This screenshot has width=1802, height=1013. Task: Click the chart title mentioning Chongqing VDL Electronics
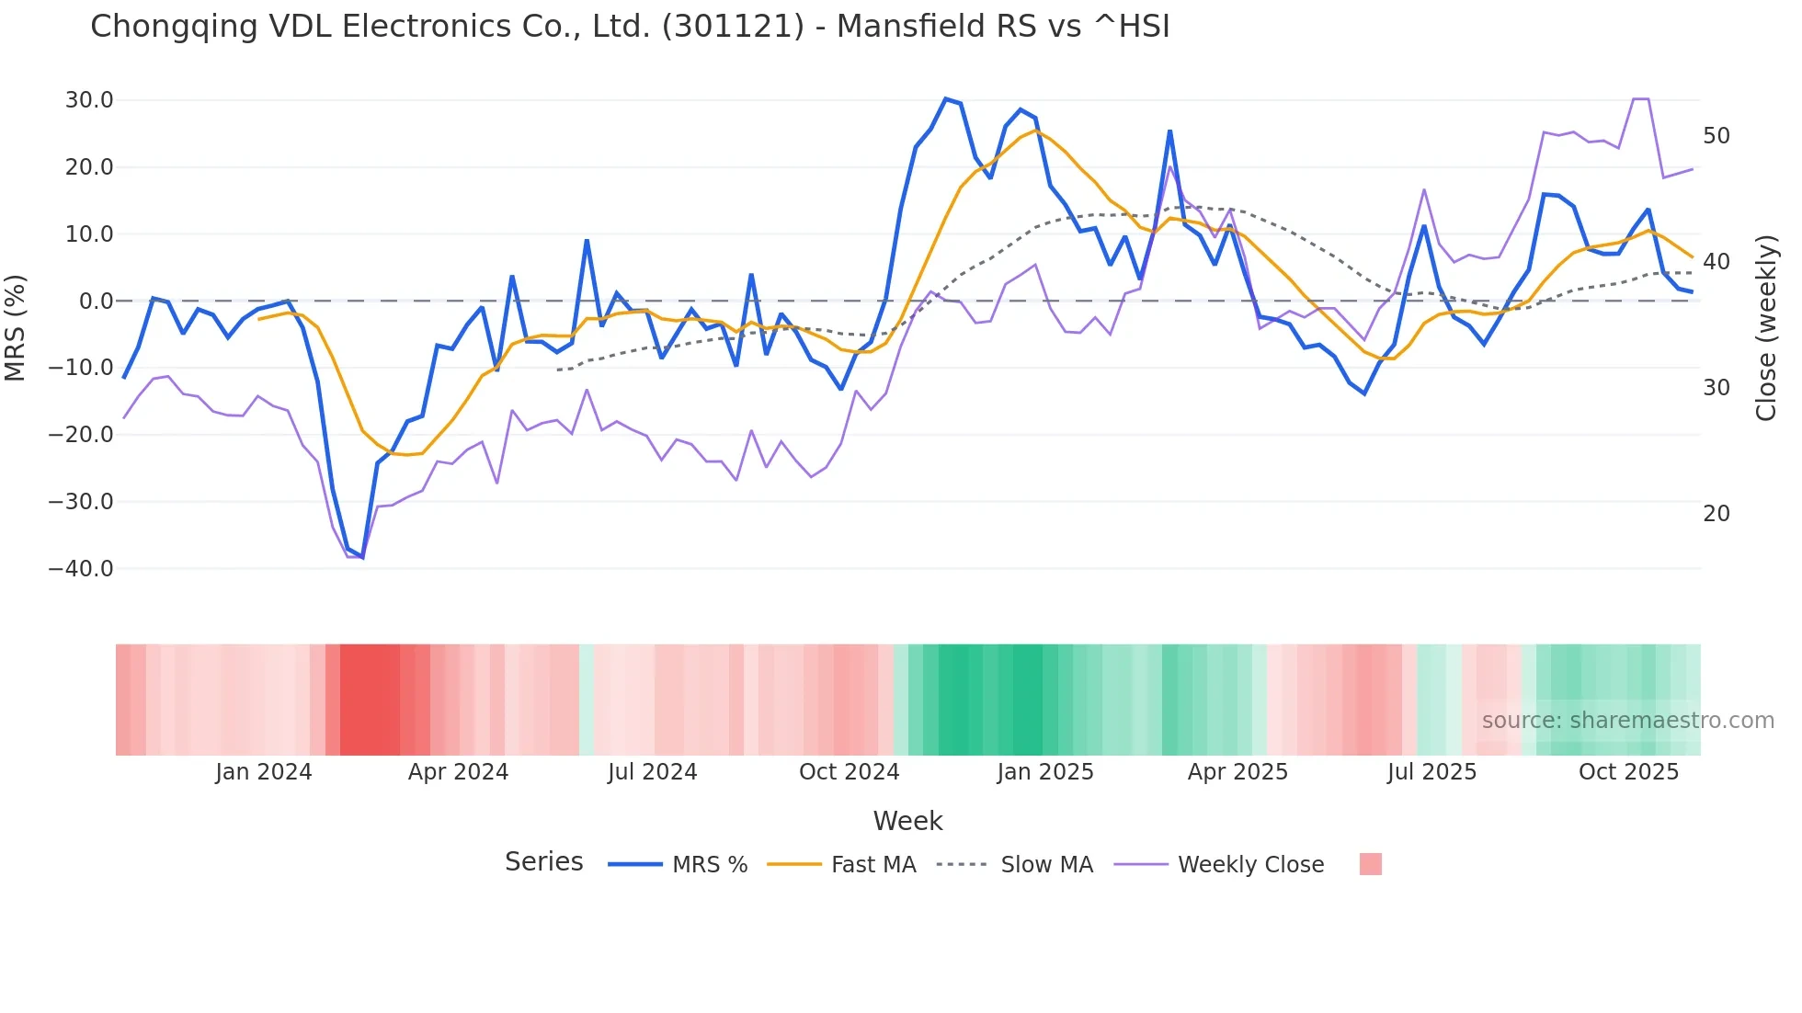pyautogui.click(x=630, y=26)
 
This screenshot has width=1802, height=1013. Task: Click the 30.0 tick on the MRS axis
pyautogui.click(x=89, y=100)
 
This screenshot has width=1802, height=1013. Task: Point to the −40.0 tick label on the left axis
pyautogui.click(x=81, y=569)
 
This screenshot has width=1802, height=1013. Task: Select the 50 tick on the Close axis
pyautogui.click(x=1716, y=136)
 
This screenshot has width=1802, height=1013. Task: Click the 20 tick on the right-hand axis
pyautogui.click(x=1716, y=514)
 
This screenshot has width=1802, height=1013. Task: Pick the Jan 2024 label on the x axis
pyautogui.click(x=264, y=772)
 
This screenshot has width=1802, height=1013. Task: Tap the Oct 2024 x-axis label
pyautogui.click(x=849, y=772)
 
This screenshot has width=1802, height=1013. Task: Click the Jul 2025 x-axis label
pyautogui.click(x=1431, y=772)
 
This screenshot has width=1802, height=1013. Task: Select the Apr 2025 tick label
pyautogui.click(x=1237, y=772)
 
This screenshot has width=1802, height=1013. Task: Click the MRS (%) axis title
pyautogui.click(x=16, y=327)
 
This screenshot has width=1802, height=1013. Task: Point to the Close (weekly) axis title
pyautogui.click(x=1766, y=328)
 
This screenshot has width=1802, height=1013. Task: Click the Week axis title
pyautogui.click(x=907, y=821)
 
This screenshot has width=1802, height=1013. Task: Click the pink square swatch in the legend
pyautogui.click(x=1370, y=864)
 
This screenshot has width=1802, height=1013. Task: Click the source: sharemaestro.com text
pyautogui.click(x=1627, y=721)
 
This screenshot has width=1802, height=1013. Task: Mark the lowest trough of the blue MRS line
pyautogui.click(x=362, y=557)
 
